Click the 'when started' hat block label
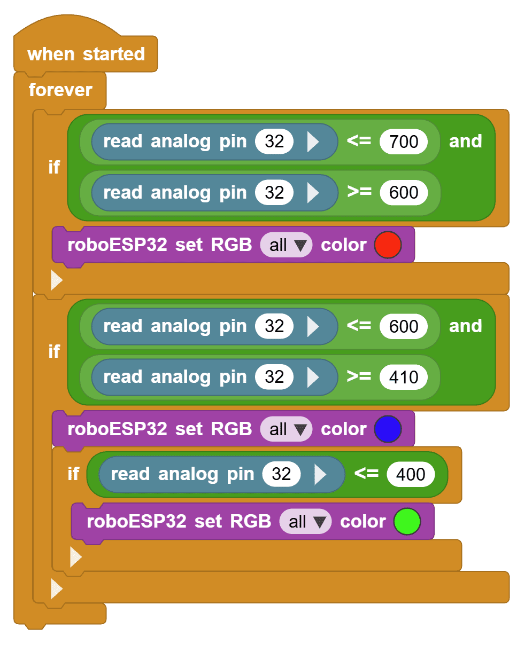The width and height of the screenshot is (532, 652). point(86,54)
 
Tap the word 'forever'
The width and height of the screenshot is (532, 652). point(60,90)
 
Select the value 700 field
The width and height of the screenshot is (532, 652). point(404,142)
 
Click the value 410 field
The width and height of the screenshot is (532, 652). point(404,378)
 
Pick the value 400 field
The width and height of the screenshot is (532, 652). point(411,474)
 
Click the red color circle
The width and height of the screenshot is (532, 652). point(388,245)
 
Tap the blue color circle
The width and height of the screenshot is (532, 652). point(388,429)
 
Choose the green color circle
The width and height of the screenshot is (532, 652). point(407,522)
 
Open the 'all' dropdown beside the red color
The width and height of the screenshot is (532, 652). point(287,246)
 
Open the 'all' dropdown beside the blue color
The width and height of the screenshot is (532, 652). point(287,430)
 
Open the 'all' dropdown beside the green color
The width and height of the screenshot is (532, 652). point(306,522)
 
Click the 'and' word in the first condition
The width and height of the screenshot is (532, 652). point(465,142)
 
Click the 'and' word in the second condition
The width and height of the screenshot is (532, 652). point(465,326)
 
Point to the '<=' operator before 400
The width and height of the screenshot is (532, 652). point(366,474)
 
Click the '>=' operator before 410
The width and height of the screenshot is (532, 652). point(359,377)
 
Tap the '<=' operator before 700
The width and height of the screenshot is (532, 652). point(359,141)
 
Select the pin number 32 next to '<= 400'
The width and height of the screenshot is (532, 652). point(281,474)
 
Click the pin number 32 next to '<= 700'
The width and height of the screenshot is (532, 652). point(274,142)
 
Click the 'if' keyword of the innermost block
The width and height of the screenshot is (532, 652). point(73,474)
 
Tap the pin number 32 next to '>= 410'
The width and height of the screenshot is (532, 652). point(274,378)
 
